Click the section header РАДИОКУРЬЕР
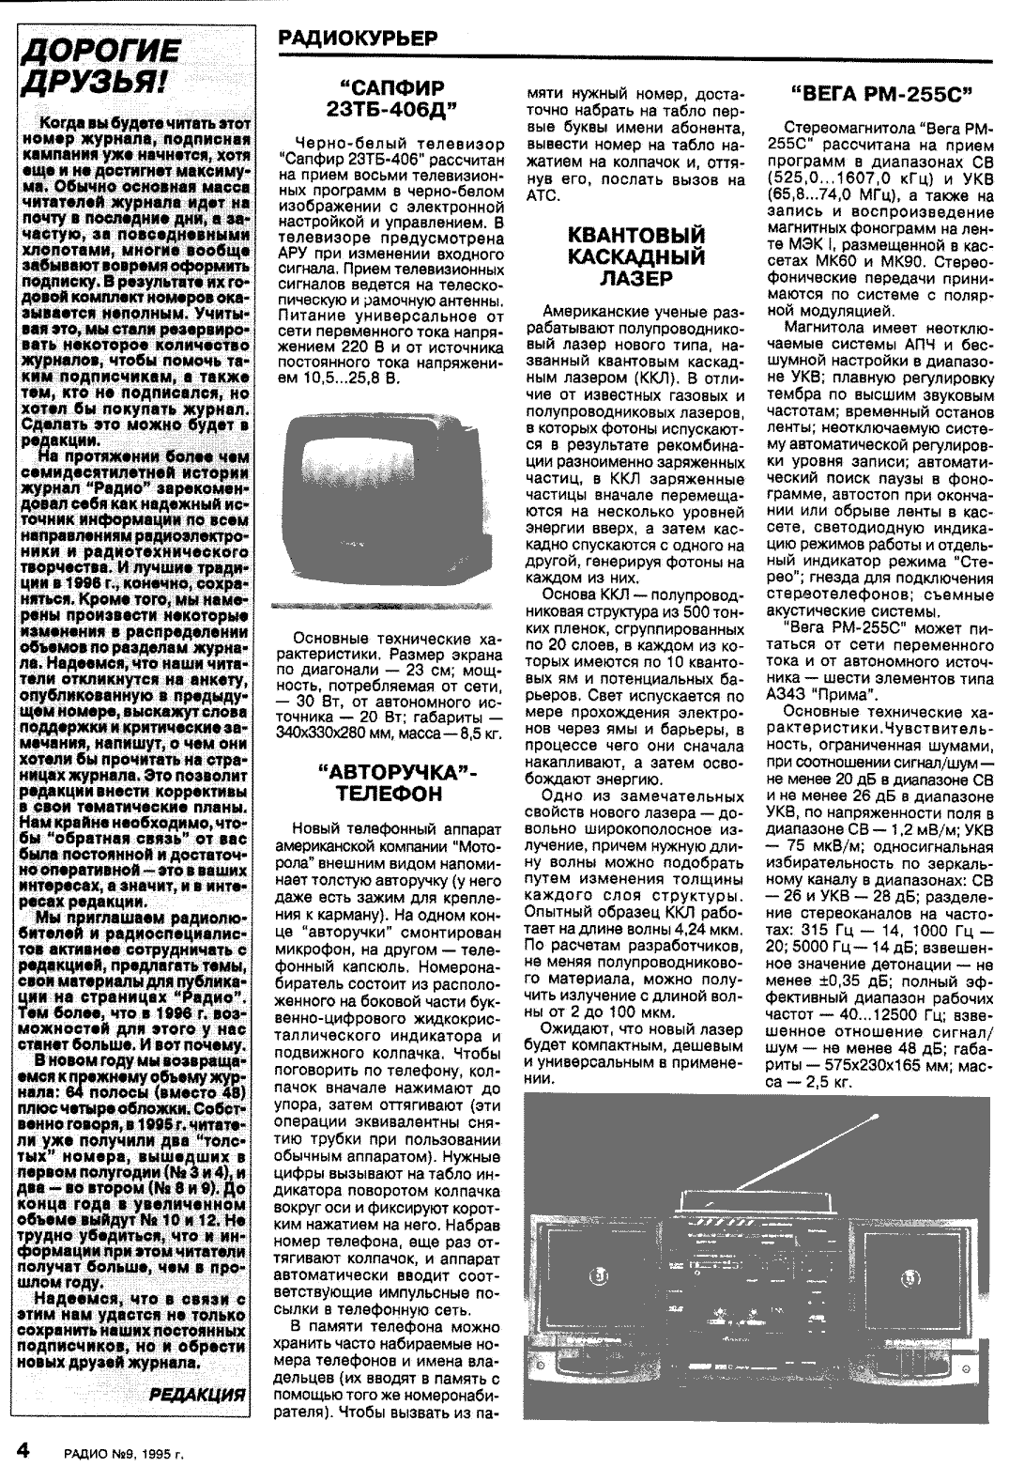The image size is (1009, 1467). [358, 39]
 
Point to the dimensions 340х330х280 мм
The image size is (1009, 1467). [357, 730]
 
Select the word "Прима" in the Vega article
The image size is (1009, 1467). [848, 694]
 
